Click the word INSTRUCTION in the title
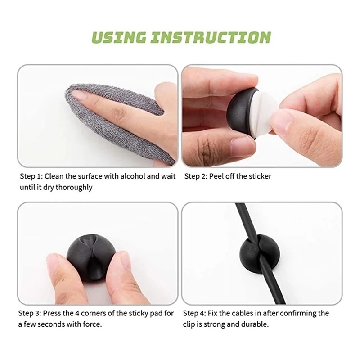(214, 37)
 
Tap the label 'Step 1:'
(31, 176)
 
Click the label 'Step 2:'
(197, 176)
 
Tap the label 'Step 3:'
(31, 313)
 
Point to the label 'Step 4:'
(197, 313)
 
